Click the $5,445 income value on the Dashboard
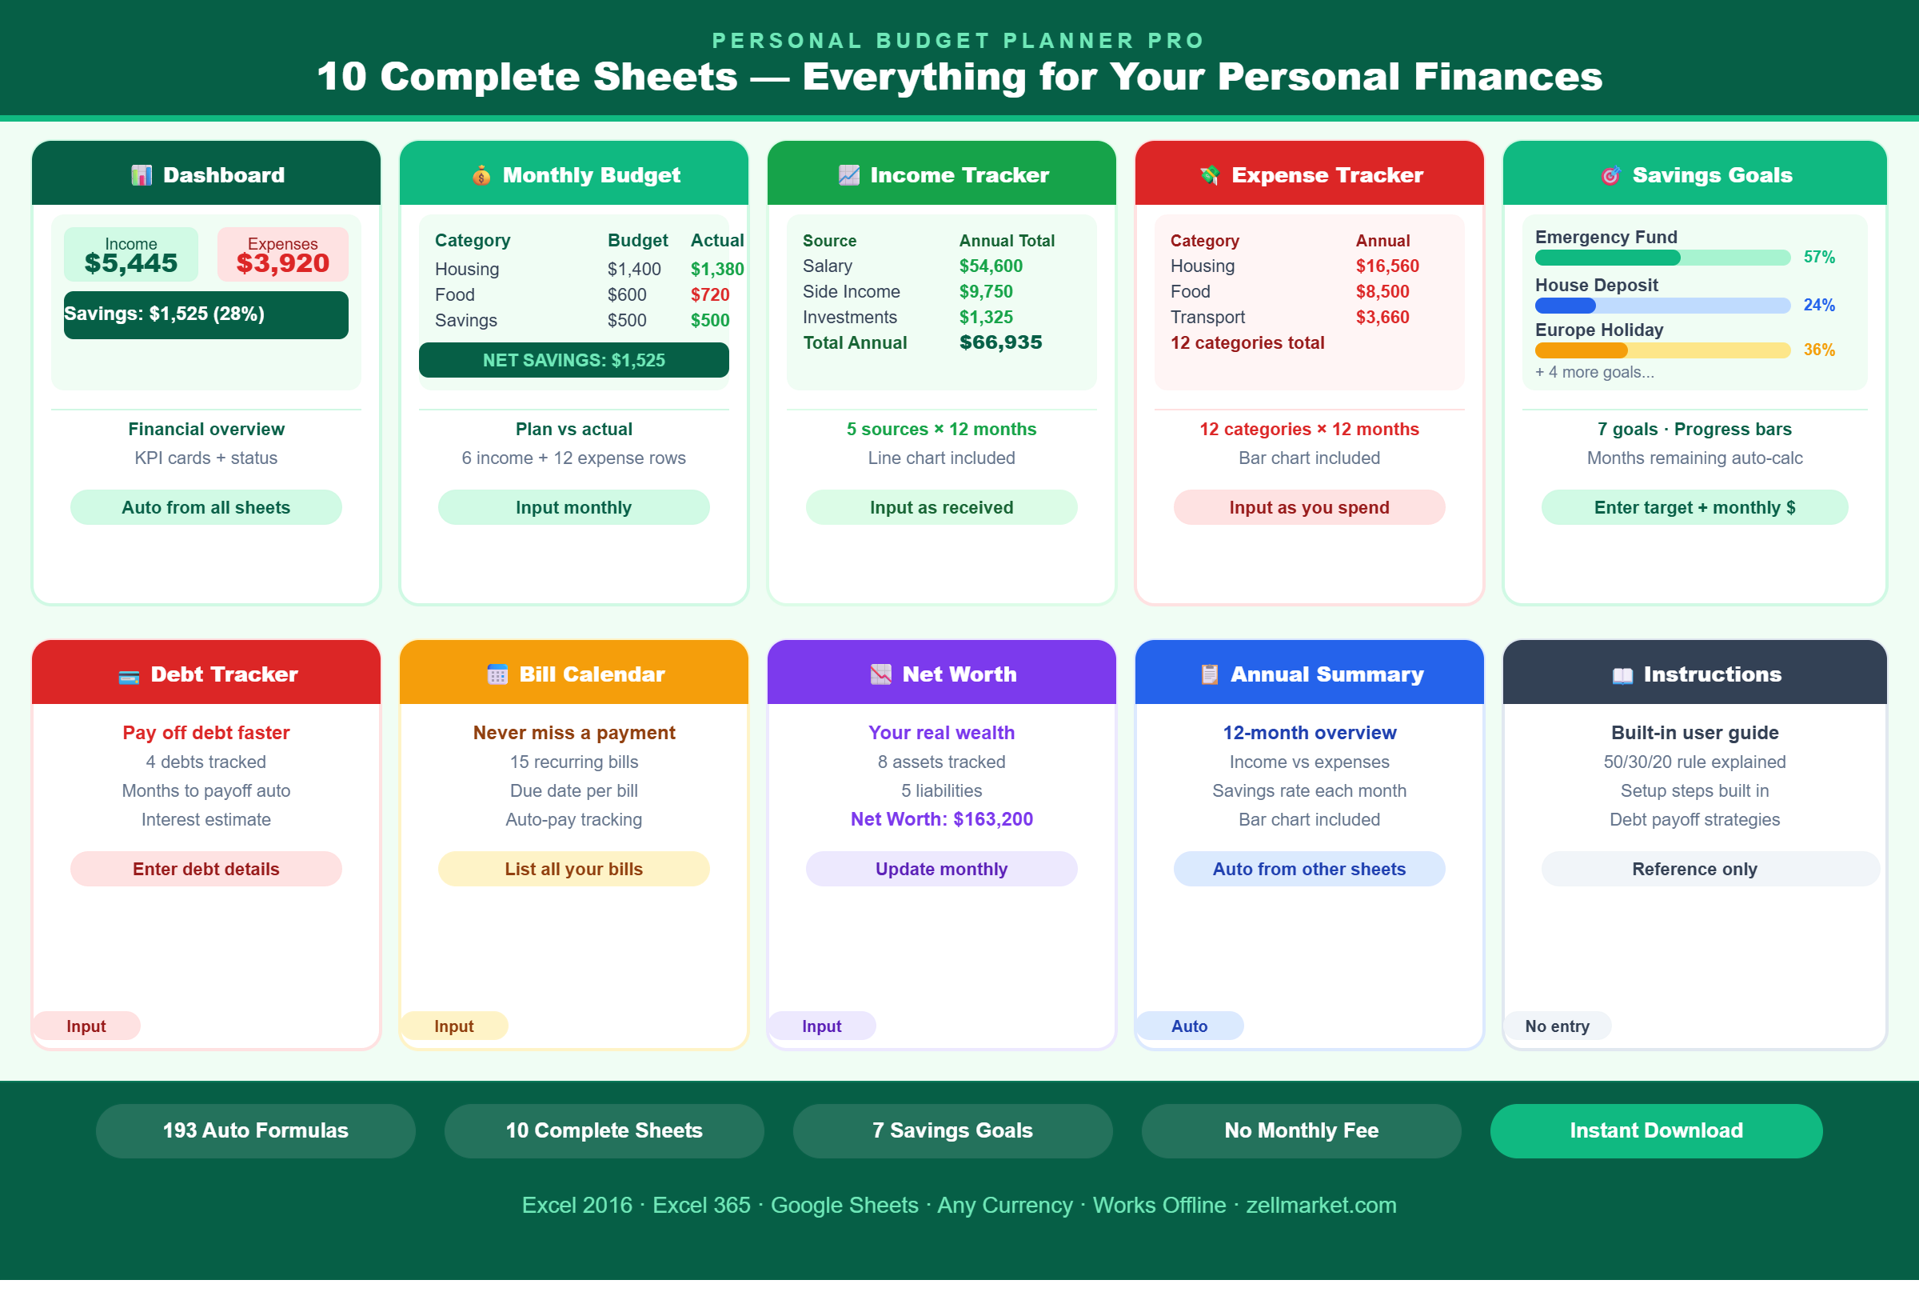(x=131, y=263)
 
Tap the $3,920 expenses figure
(x=282, y=263)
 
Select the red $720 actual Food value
(x=710, y=295)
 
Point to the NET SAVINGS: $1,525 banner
(x=574, y=360)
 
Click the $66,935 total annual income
(x=1001, y=342)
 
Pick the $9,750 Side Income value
(x=986, y=291)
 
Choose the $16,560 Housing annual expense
(x=1387, y=266)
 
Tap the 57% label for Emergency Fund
(x=1819, y=257)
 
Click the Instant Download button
(x=1657, y=1130)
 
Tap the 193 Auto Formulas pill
(x=256, y=1130)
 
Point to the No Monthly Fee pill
(x=1302, y=1130)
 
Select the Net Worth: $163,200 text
(x=941, y=819)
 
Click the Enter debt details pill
(x=206, y=869)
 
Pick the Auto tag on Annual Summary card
(x=1189, y=1026)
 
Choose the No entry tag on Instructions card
(x=1558, y=1026)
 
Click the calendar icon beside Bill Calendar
(x=497, y=675)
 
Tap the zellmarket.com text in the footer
(x=1321, y=1205)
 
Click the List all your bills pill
(x=574, y=869)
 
